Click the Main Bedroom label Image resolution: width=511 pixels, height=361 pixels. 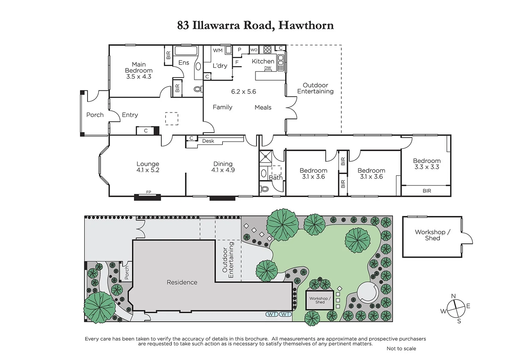point(138,67)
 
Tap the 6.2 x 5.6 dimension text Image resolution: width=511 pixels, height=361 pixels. point(243,92)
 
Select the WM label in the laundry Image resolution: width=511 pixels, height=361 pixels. point(218,50)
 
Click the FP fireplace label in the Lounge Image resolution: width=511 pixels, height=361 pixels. point(148,192)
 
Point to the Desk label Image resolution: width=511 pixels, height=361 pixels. point(208,141)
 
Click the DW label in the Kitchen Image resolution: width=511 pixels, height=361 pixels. point(268,68)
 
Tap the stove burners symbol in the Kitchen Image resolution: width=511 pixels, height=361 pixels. point(267,50)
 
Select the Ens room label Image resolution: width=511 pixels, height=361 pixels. point(183,63)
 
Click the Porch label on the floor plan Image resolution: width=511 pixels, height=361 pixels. point(95,115)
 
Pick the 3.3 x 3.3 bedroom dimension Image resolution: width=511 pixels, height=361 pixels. point(426,167)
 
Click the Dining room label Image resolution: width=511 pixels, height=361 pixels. point(223,164)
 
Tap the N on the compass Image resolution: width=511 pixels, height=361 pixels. point(453,296)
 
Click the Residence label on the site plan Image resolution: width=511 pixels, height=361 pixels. point(182,282)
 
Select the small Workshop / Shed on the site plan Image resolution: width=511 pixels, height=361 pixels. point(320,300)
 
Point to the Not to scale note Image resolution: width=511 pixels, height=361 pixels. point(401,349)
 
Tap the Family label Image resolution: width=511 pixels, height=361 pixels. point(222,107)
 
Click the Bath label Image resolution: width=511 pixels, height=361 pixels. point(275,178)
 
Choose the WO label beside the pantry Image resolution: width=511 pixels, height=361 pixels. point(254,50)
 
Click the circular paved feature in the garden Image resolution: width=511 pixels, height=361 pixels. point(367,292)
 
